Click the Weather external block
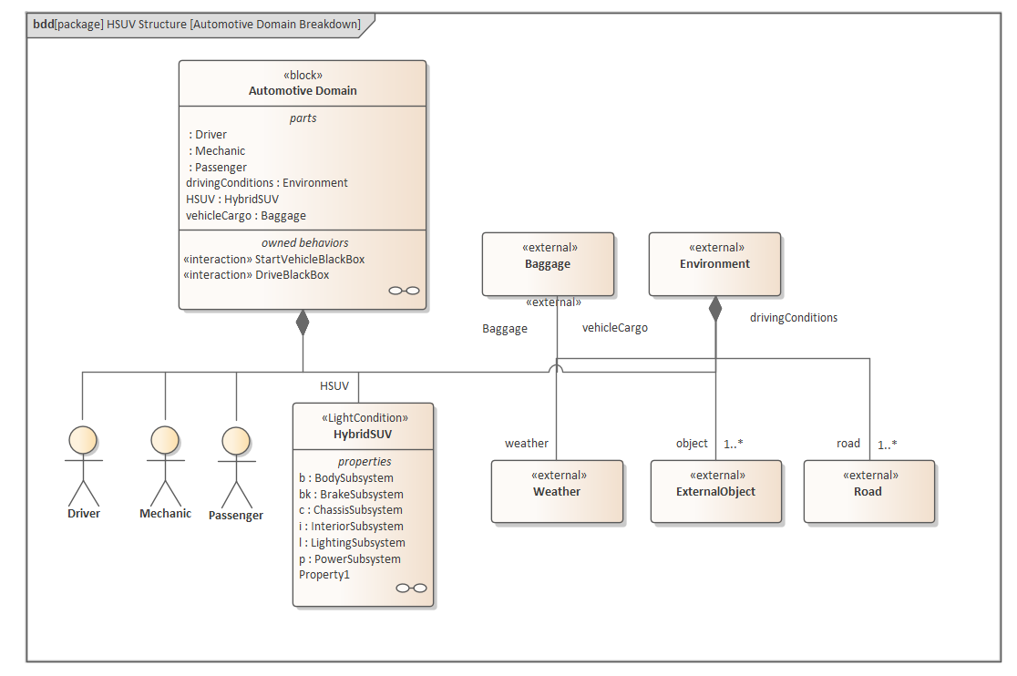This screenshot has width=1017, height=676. point(557,491)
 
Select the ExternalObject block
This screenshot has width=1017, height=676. point(716,491)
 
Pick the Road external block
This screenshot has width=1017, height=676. point(868,491)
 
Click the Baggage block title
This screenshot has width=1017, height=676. point(548,264)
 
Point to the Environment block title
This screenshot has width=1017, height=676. point(714,264)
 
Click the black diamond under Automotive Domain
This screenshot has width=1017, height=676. point(303,323)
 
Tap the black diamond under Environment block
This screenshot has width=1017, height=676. point(715,309)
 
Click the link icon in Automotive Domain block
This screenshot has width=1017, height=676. point(404,291)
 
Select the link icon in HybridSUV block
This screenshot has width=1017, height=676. point(411,588)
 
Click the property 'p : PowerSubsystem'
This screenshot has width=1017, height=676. point(349,559)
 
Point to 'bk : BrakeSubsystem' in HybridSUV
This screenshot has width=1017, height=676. point(351,494)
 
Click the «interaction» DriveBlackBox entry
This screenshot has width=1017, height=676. point(256,274)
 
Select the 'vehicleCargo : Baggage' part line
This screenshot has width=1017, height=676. point(246,216)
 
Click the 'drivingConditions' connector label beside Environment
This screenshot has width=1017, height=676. point(793,318)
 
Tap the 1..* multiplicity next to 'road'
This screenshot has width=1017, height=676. point(888,446)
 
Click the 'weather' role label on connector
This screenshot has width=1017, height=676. point(527,444)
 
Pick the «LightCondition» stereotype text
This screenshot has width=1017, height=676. point(364,418)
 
